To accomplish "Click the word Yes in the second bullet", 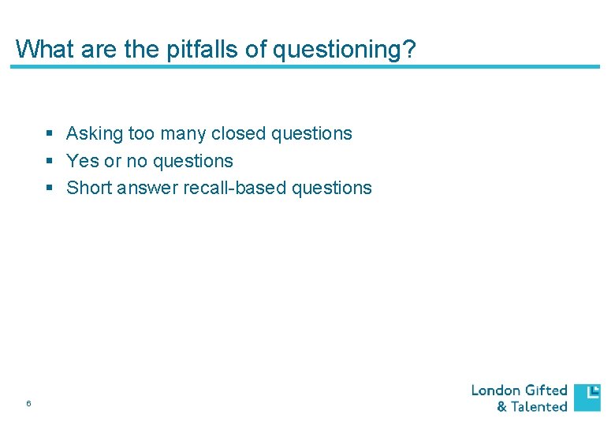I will [x=83, y=161].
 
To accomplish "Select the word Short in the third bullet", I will [x=88, y=188].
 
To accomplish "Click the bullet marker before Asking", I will [x=50, y=134].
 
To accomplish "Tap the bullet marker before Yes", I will [x=50, y=161].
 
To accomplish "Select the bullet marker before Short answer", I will [x=50, y=188].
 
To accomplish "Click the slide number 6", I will [x=28, y=404].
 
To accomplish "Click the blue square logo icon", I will [x=587, y=398].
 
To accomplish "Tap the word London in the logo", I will [x=496, y=390].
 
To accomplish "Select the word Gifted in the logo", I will [x=546, y=390].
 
